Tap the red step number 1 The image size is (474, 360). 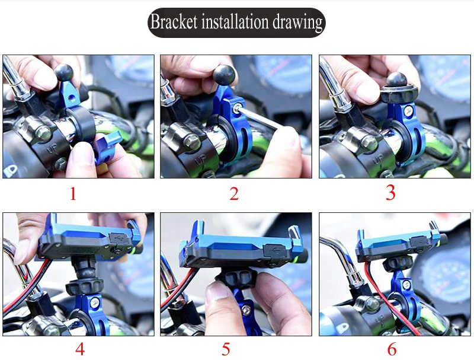click(x=73, y=193)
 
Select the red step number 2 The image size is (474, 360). click(x=233, y=193)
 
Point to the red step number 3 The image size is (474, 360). click(x=390, y=193)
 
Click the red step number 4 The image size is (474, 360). click(x=80, y=349)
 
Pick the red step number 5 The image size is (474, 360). click(x=226, y=349)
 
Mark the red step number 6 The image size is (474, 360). click(x=392, y=349)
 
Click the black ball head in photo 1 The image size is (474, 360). click(x=64, y=72)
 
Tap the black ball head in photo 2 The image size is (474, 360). click(x=225, y=75)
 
